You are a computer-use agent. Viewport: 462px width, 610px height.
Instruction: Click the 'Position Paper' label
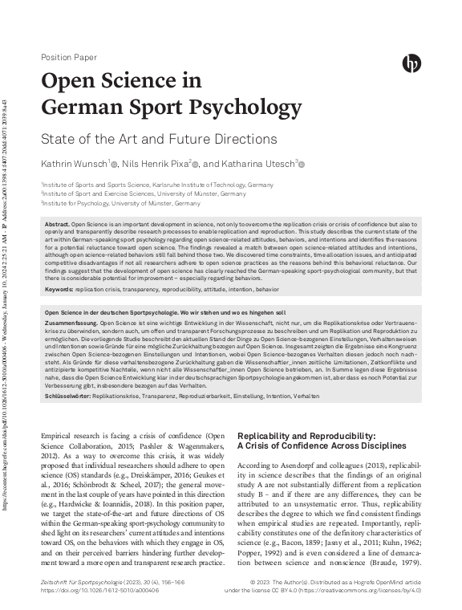pos(68,58)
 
